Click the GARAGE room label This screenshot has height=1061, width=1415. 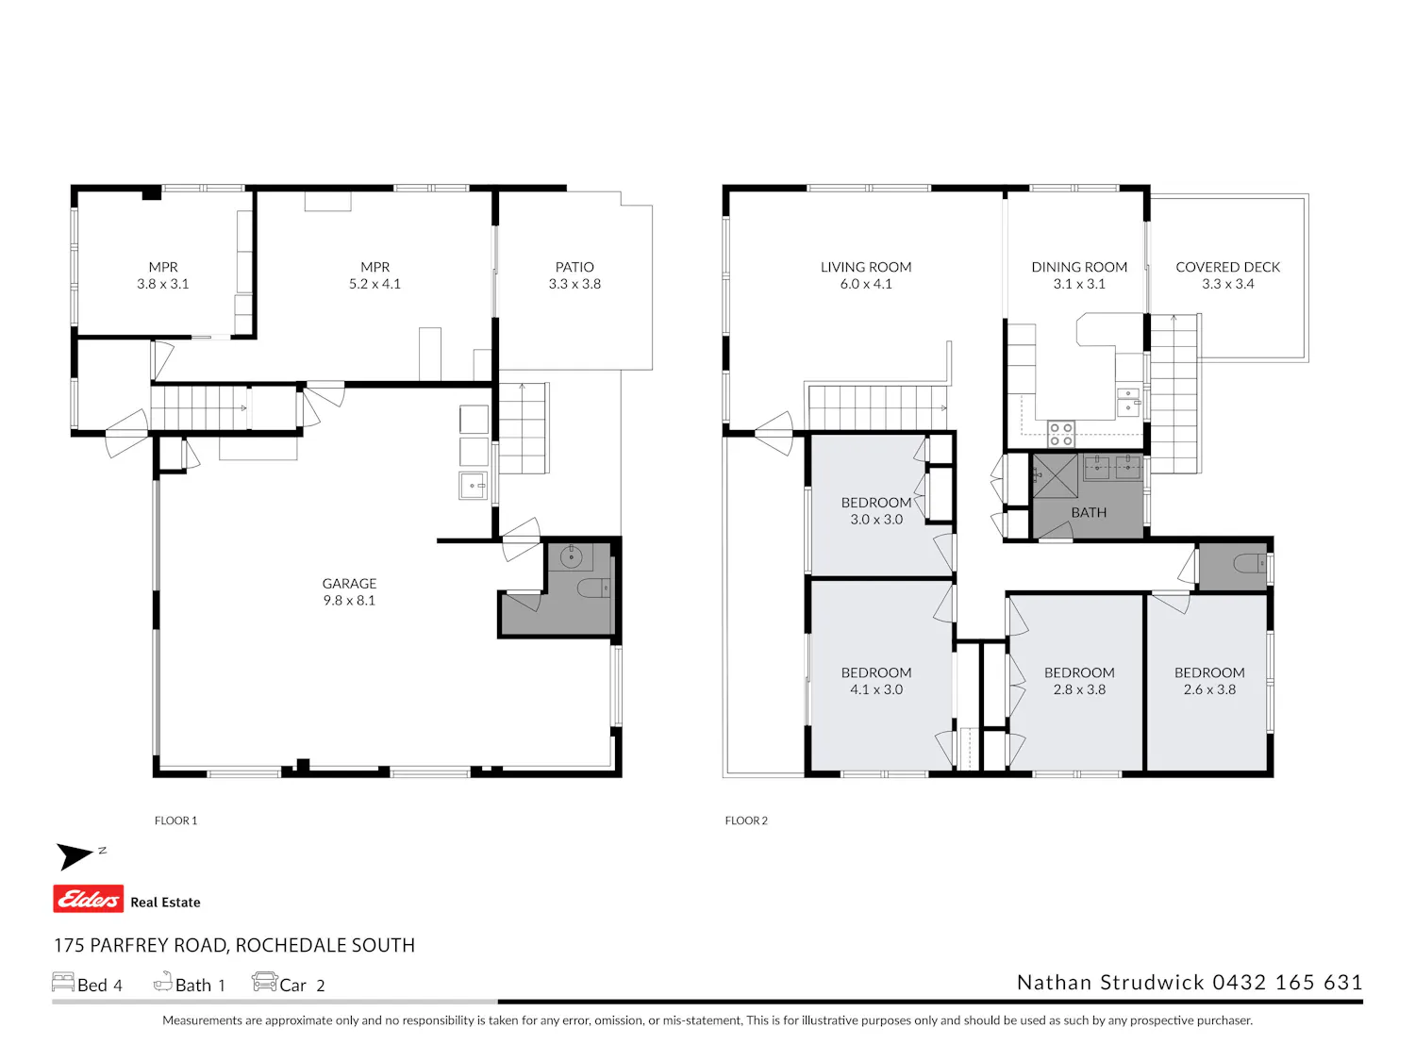[349, 583]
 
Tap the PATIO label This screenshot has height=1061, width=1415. [574, 267]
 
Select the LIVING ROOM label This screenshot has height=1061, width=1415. [866, 267]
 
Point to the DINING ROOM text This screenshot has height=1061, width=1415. [1079, 267]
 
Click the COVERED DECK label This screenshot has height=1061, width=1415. [1227, 267]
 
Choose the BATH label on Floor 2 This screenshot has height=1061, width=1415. [1089, 512]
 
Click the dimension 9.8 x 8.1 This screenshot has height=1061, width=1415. [349, 601]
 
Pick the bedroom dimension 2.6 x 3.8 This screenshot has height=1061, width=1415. [1209, 689]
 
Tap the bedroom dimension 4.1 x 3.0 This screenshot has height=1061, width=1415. [876, 689]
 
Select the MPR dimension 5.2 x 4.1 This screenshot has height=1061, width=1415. [375, 284]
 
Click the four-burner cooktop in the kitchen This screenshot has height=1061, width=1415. [1060, 434]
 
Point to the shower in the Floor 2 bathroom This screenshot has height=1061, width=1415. [1056, 476]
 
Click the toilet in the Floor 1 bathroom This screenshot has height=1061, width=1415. [593, 588]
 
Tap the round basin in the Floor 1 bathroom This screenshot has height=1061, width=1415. [571, 556]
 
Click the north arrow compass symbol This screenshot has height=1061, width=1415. [75, 856]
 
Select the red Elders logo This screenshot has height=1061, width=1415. [89, 899]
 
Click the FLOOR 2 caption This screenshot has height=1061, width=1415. [746, 821]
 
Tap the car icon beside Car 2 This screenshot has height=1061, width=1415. [264, 981]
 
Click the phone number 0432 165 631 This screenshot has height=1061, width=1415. [1288, 982]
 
